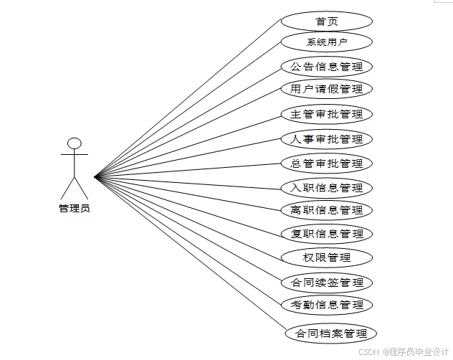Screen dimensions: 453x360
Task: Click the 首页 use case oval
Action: tap(326, 21)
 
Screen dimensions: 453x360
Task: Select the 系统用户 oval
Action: tap(326, 42)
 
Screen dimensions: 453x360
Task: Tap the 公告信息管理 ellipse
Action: tap(326, 67)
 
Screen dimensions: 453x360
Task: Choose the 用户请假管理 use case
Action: tap(326, 90)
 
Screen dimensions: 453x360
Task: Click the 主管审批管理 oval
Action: tap(326, 114)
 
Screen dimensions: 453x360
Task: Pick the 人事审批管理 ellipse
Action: tap(326, 139)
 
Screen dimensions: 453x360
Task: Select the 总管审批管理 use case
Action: tap(326, 164)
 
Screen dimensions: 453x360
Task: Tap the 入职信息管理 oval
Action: tap(326, 189)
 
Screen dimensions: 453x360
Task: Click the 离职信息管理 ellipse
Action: tap(326, 210)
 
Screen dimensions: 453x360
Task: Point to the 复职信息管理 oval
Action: tap(326, 234)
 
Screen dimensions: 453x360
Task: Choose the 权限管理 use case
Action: tap(326, 257)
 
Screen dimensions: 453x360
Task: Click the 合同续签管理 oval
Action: tap(326, 283)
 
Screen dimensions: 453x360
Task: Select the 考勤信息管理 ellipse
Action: tap(326, 305)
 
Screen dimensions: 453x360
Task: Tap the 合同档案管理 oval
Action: tap(330, 333)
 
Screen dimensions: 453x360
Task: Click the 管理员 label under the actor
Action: tap(75, 209)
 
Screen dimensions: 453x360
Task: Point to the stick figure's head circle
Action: tap(75, 143)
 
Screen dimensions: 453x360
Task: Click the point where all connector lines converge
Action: tap(95, 175)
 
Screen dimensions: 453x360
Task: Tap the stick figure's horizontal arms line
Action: tap(75, 154)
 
